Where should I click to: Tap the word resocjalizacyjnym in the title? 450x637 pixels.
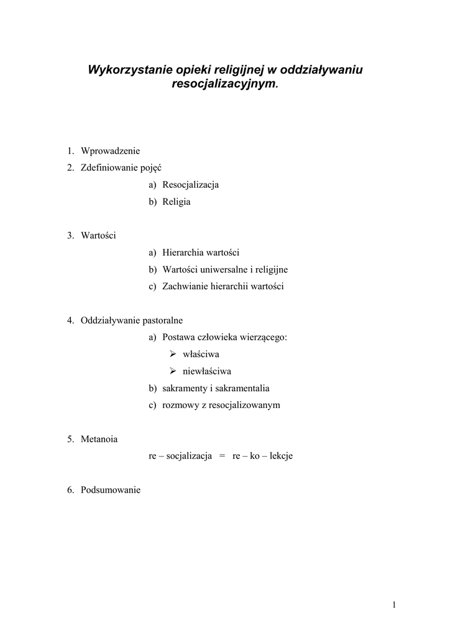click(x=223, y=83)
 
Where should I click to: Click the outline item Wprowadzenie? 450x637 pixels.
click(x=111, y=151)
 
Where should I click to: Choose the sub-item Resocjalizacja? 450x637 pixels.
click(x=190, y=185)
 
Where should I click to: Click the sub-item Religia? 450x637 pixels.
click(x=177, y=202)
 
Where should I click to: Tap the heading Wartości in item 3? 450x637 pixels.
click(x=98, y=235)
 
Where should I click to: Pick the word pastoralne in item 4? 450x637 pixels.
click(x=162, y=320)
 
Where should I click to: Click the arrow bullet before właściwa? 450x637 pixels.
click(x=173, y=354)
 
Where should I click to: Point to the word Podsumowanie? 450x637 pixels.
click(x=111, y=490)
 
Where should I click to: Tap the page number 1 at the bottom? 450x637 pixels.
click(x=395, y=605)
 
